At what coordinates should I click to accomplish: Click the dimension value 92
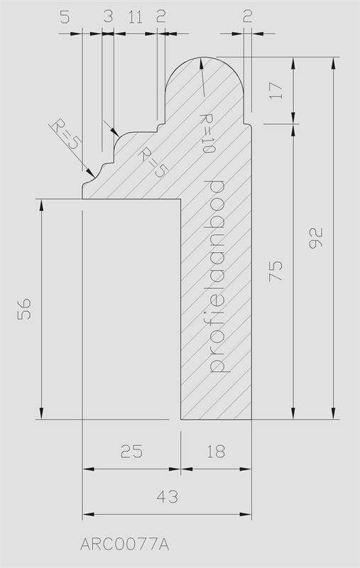[315, 238]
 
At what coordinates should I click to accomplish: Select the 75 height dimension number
[276, 271]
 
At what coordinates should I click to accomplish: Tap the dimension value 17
[276, 91]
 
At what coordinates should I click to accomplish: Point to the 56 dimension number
[24, 309]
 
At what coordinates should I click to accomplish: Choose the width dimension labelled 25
[132, 452]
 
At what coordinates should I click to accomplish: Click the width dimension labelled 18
[216, 452]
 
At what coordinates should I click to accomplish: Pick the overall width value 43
[168, 496]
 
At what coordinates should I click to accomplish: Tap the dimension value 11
[136, 16]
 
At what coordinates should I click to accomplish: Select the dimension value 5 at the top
[65, 16]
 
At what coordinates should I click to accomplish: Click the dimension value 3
[108, 16]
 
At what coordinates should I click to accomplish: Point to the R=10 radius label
[207, 133]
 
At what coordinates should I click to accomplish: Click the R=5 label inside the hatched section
[153, 162]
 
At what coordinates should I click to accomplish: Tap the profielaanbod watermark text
[217, 276]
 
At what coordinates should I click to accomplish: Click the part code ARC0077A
[124, 545]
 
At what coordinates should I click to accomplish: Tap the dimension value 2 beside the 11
[161, 16]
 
